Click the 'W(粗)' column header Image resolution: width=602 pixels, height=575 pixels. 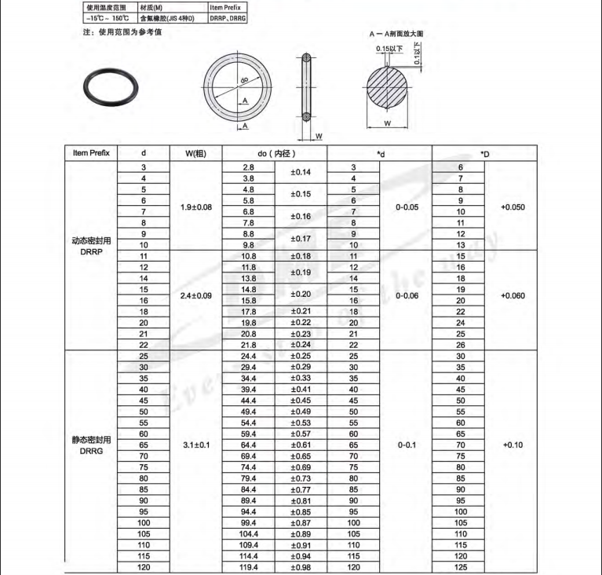[x=195, y=153]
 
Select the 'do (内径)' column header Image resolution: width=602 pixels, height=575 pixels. [x=275, y=153]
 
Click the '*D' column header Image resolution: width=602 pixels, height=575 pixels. [x=483, y=153]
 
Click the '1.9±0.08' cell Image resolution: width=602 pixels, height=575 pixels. [x=195, y=207]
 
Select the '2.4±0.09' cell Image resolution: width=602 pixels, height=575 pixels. [x=195, y=295]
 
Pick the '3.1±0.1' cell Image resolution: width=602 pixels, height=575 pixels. [x=195, y=445]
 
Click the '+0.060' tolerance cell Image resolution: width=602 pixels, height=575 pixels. [x=512, y=295]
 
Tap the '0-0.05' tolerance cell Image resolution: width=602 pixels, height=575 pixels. [x=406, y=207]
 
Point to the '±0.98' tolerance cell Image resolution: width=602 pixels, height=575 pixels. [x=301, y=567]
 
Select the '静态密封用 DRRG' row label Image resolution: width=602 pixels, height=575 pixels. [x=91, y=445]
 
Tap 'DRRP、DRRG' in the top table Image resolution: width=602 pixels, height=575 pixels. [x=228, y=16]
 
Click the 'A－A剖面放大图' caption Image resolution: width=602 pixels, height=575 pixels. [x=396, y=35]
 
